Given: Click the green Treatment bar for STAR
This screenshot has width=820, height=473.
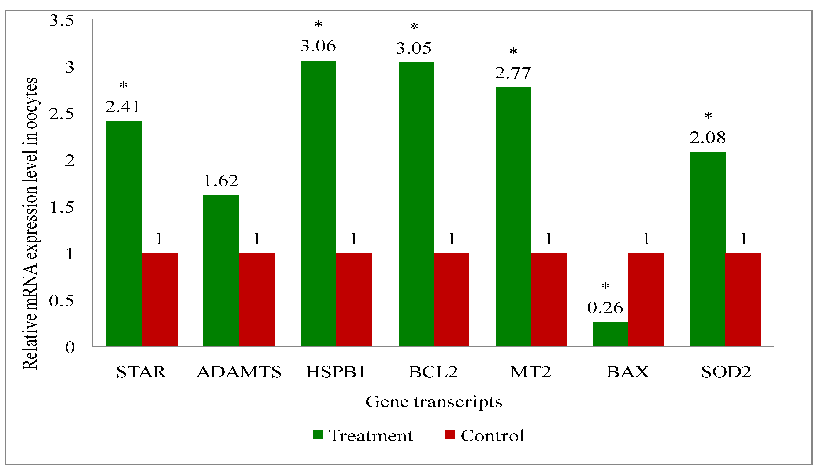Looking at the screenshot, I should pyautogui.click(x=124, y=234).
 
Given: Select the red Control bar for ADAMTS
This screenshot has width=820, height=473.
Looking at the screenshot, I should pyautogui.click(x=257, y=299).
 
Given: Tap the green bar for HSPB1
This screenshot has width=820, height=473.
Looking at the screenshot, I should pyautogui.click(x=318, y=203).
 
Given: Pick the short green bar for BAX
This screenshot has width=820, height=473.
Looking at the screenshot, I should pyautogui.click(x=610, y=334).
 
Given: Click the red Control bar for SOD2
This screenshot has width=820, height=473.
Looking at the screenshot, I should pyautogui.click(x=743, y=299).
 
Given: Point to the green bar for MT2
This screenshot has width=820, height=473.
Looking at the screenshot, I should pyautogui.click(x=513, y=217).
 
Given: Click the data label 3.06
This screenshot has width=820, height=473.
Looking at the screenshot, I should pyautogui.click(x=318, y=46).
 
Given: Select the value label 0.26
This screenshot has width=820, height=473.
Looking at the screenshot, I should pyautogui.click(x=605, y=308).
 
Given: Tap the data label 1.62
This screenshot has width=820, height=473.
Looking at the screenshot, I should pyautogui.click(x=221, y=181).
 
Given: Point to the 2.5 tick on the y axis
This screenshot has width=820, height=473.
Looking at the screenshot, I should pyautogui.click(x=61, y=114).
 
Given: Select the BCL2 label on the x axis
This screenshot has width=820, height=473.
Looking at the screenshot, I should pyautogui.click(x=433, y=372).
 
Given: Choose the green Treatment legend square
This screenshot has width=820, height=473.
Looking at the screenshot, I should pyautogui.click(x=318, y=435).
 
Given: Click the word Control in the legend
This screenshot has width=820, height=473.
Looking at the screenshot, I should pyautogui.click(x=492, y=436).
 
